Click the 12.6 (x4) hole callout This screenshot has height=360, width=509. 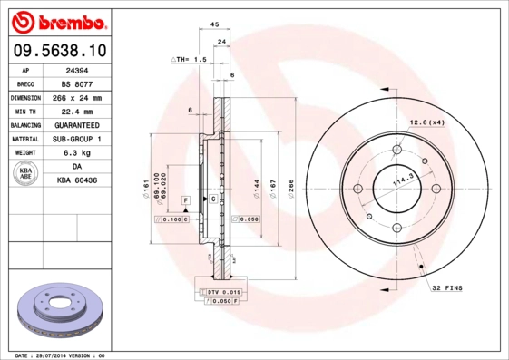point(426,122)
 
